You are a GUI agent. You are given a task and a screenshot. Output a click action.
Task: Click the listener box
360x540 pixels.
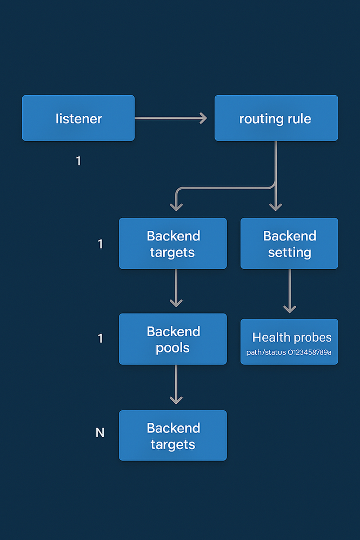[x=78, y=118]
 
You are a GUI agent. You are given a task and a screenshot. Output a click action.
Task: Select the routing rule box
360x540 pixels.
[x=276, y=118]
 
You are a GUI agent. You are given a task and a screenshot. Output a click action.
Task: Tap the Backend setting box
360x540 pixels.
[x=289, y=243]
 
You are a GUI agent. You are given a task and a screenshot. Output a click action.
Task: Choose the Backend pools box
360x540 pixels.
[x=173, y=339]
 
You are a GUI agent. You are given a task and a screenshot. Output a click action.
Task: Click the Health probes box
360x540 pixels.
[x=289, y=342]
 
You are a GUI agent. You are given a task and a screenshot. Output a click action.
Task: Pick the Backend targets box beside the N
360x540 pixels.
[x=173, y=435]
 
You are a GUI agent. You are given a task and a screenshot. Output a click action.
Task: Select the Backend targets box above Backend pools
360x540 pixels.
[x=173, y=243]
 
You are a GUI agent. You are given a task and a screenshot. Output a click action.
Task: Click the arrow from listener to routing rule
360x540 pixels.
[x=171, y=118]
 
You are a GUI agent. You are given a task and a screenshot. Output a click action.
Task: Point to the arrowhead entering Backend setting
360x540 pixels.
[x=276, y=207]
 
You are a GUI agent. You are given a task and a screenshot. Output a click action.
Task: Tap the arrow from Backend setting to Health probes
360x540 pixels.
[x=290, y=291]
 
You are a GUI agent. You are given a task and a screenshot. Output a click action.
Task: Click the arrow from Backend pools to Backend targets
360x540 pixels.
[x=176, y=384]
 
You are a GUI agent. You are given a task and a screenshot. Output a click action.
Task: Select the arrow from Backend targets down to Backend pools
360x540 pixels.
[x=176, y=288]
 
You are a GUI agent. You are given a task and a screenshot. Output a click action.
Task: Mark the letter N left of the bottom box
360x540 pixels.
[x=100, y=432]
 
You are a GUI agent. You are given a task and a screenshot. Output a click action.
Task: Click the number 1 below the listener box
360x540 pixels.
[x=78, y=161]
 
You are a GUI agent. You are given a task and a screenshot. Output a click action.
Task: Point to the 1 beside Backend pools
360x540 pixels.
[x=100, y=338]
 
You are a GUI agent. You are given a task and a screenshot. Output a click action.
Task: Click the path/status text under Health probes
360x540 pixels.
[x=289, y=352]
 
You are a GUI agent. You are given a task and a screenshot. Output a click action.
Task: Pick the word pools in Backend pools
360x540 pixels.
[x=172, y=348]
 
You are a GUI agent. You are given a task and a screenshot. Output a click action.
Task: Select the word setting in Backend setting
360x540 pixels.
[x=290, y=253]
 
